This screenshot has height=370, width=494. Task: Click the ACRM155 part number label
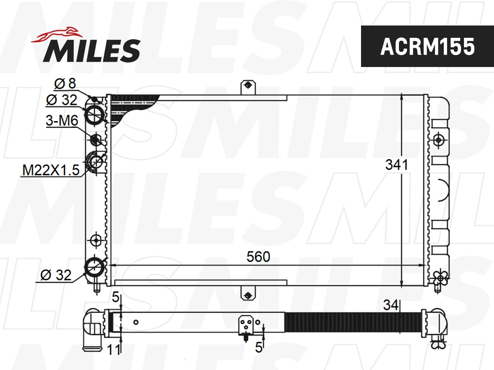point(427,46)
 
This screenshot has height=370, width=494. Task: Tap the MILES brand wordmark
point(92,50)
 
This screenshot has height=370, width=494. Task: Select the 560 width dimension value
point(258,257)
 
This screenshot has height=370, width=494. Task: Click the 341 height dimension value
point(396,165)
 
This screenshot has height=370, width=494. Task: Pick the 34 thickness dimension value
point(391,305)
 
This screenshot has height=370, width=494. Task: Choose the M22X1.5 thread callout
point(51,170)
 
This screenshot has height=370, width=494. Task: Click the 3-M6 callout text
point(62,121)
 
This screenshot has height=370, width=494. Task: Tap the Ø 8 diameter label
point(65,84)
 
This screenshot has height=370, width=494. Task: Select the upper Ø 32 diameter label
point(62,99)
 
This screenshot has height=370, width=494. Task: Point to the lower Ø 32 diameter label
point(56,275)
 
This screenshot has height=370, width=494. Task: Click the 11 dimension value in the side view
point(114,350)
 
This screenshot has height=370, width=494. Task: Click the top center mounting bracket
point(248,87)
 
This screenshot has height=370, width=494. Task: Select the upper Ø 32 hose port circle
point(95,114)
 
